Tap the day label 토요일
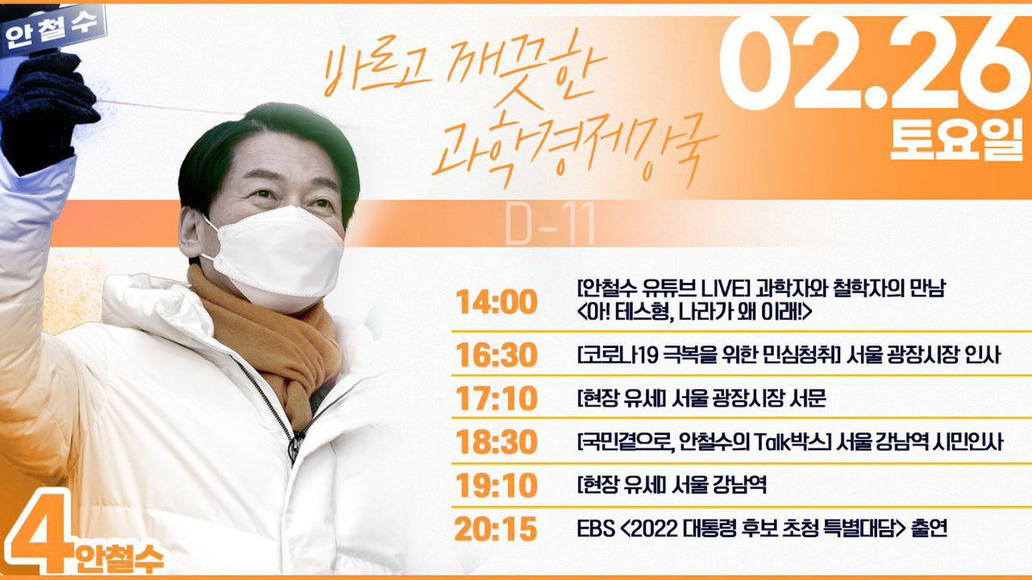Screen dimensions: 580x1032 click(x=951, y=141)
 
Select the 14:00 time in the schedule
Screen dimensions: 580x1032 click(x=497, y=302)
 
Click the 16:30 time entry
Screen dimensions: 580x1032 click(x=497, y=354)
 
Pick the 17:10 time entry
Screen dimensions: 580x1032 click(x=497, y=399)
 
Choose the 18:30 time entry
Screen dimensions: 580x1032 click(x=497, y=443)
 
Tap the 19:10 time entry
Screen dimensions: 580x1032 click(x=497, y=486)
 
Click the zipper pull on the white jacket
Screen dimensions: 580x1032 click(x=295, y=447)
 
